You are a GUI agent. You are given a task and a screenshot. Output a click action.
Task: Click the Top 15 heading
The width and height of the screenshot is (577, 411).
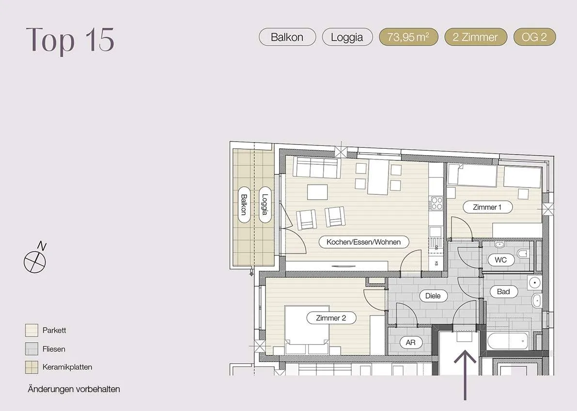point(70,40)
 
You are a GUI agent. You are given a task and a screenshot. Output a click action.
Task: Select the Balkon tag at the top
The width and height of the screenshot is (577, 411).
point(287,37)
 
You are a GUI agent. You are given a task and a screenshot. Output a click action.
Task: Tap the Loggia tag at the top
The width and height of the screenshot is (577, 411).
point(347,37)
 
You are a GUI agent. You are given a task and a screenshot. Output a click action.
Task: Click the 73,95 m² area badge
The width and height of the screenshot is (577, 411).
point(408,37)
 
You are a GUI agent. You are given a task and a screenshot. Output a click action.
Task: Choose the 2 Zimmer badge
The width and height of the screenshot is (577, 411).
point(476,37)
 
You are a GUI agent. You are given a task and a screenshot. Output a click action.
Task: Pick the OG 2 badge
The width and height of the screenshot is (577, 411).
point(534,37)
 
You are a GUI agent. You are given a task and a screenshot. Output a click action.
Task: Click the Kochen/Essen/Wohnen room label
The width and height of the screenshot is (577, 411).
point(363,242)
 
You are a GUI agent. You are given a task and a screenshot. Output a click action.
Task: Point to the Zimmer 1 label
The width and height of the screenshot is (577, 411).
point(487,207)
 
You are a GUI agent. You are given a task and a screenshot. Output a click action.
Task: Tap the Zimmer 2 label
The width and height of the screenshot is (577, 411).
point(331,318)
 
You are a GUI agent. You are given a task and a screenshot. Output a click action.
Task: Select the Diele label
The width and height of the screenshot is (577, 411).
point(433,296)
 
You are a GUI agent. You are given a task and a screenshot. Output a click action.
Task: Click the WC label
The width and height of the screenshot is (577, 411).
point(500,260)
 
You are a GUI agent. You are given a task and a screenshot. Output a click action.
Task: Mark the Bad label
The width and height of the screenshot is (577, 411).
point(503,292)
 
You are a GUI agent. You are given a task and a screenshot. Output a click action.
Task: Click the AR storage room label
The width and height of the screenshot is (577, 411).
point(411,343)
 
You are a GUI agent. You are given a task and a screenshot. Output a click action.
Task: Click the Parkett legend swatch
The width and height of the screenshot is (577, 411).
point(31,331)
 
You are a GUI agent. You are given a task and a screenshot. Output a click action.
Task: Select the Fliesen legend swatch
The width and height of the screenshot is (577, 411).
point(31,349)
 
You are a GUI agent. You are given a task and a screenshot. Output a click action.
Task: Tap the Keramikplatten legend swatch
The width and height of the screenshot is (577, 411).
point(31,367)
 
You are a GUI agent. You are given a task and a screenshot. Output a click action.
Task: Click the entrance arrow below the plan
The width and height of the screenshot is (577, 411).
point(465,375)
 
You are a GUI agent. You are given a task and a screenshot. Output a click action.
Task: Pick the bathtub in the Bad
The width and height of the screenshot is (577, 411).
point(508,341)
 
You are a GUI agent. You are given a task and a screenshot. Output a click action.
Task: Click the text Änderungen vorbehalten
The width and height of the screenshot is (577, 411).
point(74,389)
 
